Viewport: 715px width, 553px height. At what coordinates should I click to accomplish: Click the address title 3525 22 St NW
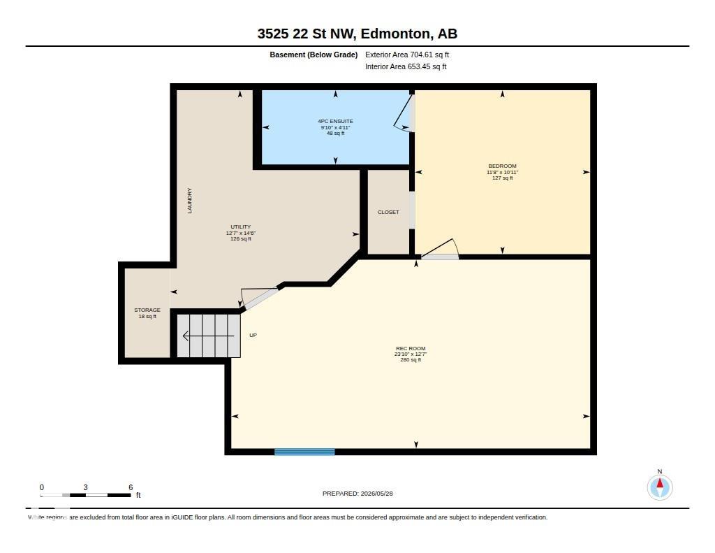coord(309,34)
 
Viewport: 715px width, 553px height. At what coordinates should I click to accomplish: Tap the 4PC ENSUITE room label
coord(336,122)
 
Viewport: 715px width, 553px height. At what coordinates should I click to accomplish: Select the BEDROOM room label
coord(502,166)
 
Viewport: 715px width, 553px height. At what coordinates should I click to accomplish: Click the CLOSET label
coord(388,213)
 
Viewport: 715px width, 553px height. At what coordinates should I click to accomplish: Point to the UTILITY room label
coord(240,227)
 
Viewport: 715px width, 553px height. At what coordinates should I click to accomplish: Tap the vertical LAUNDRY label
coord(190,201)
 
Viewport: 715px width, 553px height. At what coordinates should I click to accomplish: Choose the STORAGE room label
coord(147,310)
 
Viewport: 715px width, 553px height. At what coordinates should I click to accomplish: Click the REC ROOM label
coord(411,348)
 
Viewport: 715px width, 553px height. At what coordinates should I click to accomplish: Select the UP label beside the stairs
coord(253,335)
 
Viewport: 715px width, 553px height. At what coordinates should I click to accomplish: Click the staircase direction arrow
coord(208,336)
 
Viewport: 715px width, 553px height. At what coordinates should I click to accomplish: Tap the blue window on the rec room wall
coord(304,452)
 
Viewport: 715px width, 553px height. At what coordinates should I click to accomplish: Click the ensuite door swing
coord(404,113)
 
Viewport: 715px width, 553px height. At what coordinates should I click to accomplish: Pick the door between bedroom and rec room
coord(440,250)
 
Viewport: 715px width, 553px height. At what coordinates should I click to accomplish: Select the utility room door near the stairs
coord(258,299)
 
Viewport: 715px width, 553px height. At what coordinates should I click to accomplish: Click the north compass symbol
coord(659,487)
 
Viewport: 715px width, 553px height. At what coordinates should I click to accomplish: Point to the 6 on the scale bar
coord(131,487)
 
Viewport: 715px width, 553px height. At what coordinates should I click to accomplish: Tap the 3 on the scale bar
coord(85,487)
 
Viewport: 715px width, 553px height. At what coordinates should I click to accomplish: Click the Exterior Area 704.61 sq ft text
coord(407,55)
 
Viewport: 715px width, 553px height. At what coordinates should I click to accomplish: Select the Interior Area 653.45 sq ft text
coord(406,66)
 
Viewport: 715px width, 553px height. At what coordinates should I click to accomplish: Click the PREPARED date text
coord(357,494)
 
